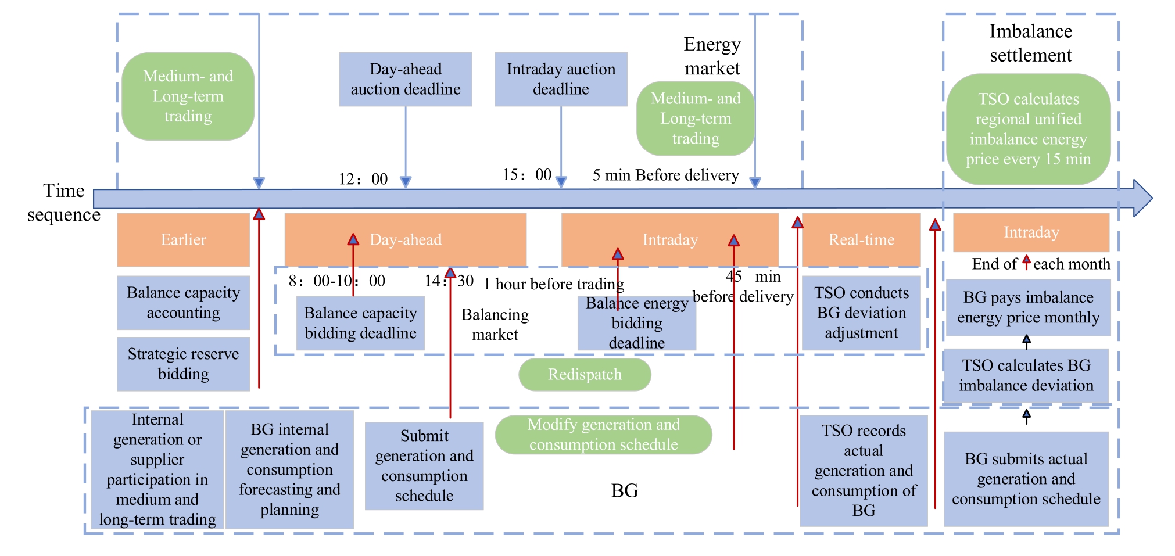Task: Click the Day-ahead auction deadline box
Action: click(x=405, y=79)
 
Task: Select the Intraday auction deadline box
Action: click(x=561, y=79)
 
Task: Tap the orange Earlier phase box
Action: click(x=183, y=239)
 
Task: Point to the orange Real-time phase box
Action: click(x=861, y=239)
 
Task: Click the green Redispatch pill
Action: click(x=585, y=374)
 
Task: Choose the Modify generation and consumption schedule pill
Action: click(x=603, y=435)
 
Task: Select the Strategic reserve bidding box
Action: click(x=183, y=364)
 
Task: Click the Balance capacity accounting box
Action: click(x=183, y=302)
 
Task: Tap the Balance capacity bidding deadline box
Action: click(x=360, y=323)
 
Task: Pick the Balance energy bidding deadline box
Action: click(x=637, y=323)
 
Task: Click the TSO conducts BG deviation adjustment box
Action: click(x=861, y=313)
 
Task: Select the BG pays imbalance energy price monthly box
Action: click(x=1028, y=307)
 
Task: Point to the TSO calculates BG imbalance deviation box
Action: click(x=1026, y=375)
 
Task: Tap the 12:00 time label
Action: click(x=363, y=179)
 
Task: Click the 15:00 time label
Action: click(x=527, y=175)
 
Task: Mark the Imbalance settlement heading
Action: click(x=1030, y=43)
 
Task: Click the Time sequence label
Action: click(x=64, y=203)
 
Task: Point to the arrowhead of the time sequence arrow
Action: click(x=1143, y=198)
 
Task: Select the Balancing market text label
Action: click(x=495, y=324)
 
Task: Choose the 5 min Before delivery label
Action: click(x=665, y=175)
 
